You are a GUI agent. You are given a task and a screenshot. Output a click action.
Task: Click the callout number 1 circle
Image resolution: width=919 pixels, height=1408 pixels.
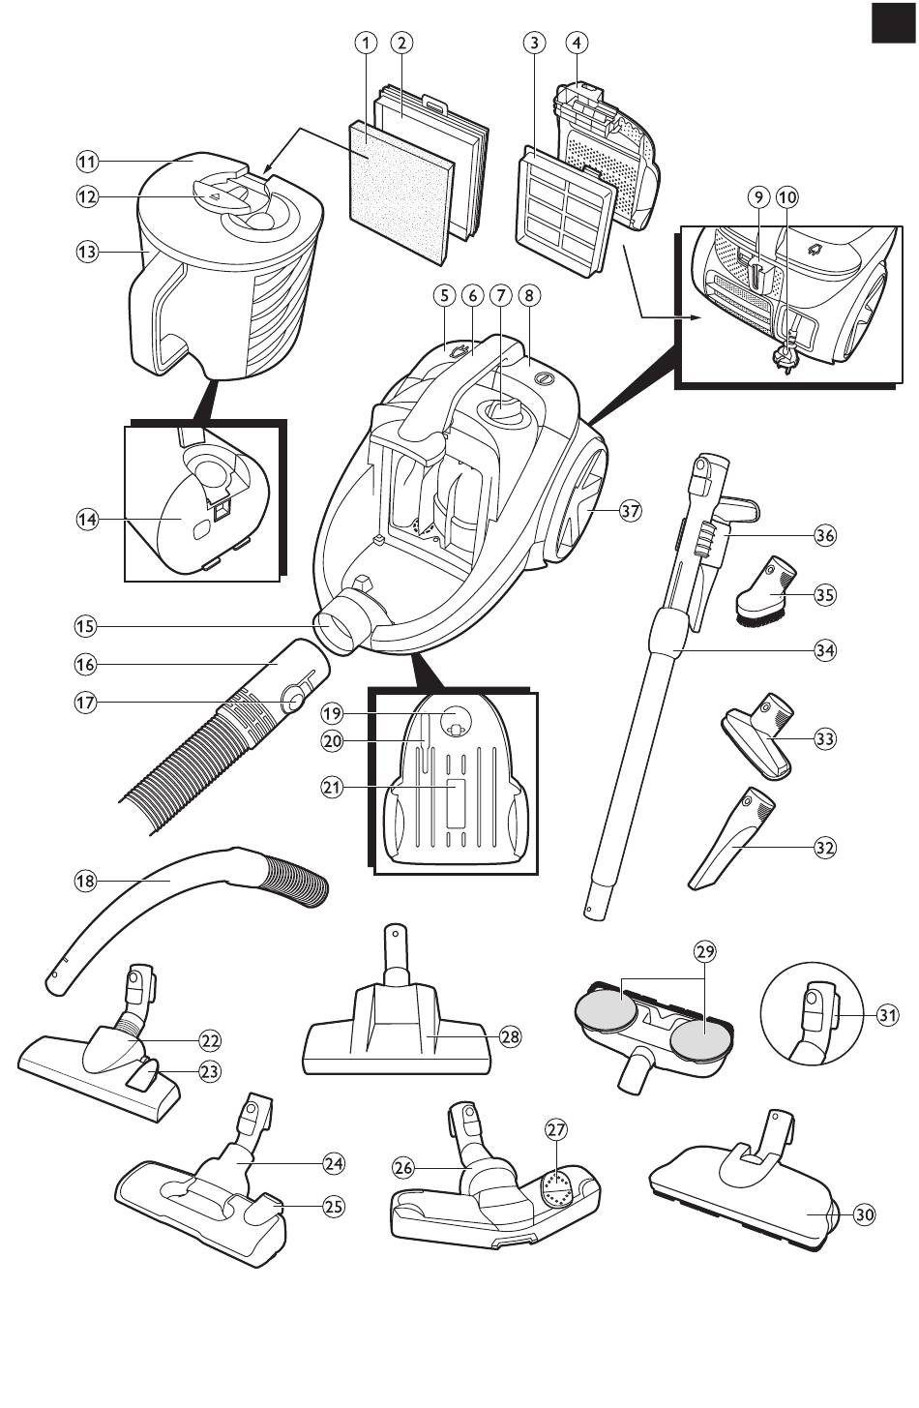tap(365, 42)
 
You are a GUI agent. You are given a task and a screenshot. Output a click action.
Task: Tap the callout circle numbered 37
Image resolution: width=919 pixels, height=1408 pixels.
tap(631, 511)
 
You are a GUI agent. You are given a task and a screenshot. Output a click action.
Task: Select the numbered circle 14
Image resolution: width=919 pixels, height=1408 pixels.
tap(88, 520)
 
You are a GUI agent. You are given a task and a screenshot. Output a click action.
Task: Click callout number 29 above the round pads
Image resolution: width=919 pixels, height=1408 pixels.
tap(705, 951)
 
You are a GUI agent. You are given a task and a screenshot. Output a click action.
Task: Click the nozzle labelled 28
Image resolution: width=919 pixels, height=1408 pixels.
tap(397, 1038)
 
